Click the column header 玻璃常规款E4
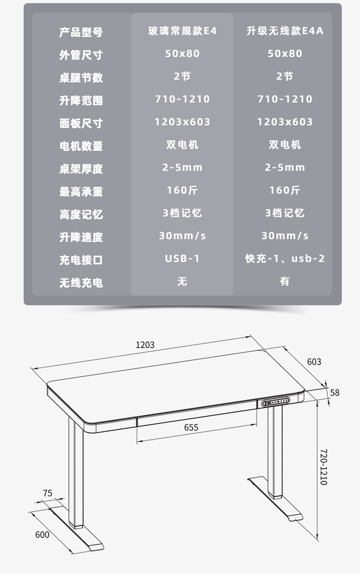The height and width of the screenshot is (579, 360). click(x=182, y=31)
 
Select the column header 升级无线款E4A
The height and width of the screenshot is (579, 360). click(x=285, y=31)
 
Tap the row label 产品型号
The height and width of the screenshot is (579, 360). click(x=81, y=32)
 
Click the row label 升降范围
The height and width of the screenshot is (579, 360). click(x=81, y=101)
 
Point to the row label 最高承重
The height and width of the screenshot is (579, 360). click(x=81, y=192)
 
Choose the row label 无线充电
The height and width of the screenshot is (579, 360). click(x=81, y=283)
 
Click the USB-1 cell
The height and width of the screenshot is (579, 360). click(x=182, y=259)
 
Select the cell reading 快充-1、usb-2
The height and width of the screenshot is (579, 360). click(x=285, y=259)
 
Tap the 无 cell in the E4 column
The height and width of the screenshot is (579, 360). click(x=182, y=282)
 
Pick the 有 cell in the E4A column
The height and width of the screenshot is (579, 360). click(x=285, y=282)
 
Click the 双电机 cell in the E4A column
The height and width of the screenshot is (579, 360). click(x=285, y=145)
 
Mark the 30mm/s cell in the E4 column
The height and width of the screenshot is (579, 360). click(x=182, y=236)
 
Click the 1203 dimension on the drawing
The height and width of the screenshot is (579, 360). click(x=145, y=345)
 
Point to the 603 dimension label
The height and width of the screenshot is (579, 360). click(x=314, y=362)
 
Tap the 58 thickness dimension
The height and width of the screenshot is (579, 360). click(x=335, y=393)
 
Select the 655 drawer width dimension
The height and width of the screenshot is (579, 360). click(x=191, y=427)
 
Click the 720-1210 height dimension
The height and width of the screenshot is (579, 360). click(x=324, y=467)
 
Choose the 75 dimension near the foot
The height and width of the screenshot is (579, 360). click(x=47, y=493)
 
